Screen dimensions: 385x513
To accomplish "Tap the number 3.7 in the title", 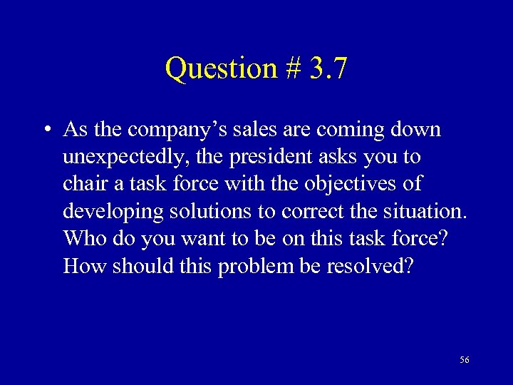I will pos(328,69).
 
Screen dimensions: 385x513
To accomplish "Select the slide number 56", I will pos(465,360).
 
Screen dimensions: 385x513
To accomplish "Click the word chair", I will pos(84,185).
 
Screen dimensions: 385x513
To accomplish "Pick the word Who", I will pos(83,239).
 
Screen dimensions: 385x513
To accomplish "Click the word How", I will pos(83,266).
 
